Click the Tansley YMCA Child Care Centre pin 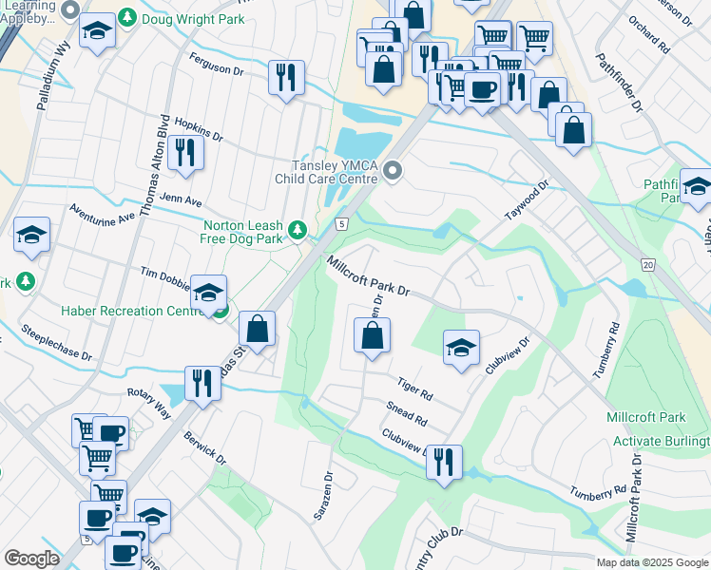(393, 171)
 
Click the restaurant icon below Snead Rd (444, 463)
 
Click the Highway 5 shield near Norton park (341, 223)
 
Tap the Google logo (31, 559)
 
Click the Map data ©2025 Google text (652, 562)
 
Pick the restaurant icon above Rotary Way (202, 384)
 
